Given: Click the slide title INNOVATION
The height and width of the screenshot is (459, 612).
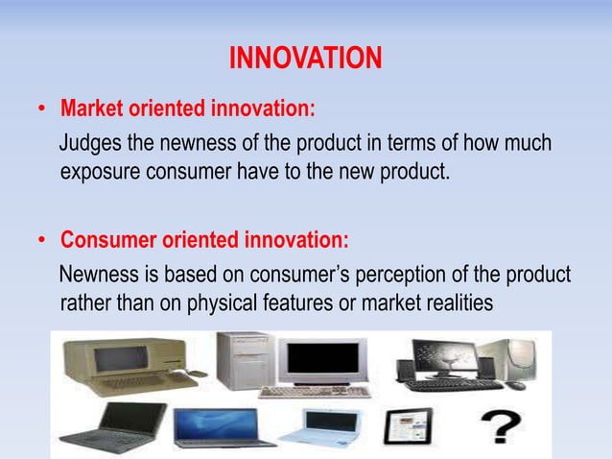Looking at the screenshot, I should click(x=305, y=60).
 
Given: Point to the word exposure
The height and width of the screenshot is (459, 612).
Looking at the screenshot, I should click(x=97, y=174).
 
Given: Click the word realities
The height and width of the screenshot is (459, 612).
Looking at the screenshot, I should click(x=457, y=303).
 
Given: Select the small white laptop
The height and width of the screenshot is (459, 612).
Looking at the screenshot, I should click(x=331, y=424).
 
